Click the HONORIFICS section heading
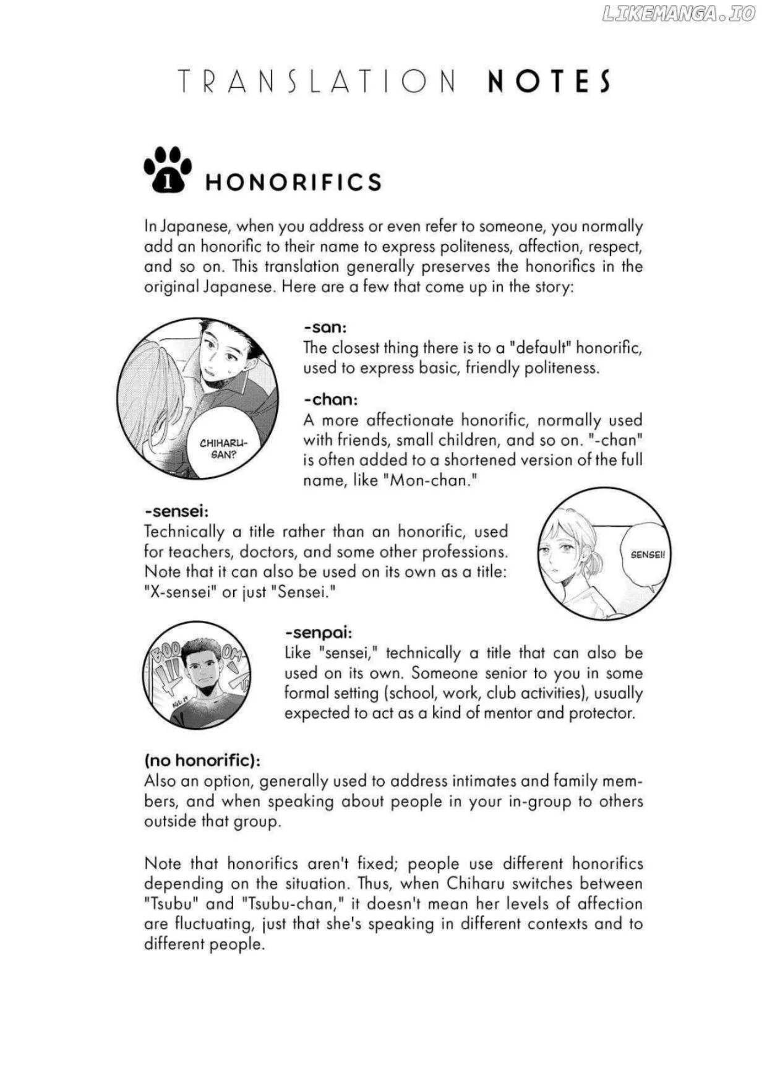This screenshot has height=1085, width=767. [293, 182]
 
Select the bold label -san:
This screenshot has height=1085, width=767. [325, 327]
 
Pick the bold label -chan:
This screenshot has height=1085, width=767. [330, 400]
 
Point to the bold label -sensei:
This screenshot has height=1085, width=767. [176, 512]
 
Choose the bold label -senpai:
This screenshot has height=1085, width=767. [319, 633]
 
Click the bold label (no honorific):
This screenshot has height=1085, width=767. [202, 760]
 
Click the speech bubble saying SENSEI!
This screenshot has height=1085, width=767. [648, 555]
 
